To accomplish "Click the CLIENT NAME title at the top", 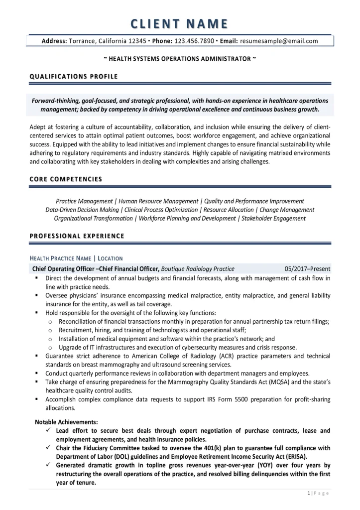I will click(x=180, y=23).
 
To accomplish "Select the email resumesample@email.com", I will click(x=279, y=41).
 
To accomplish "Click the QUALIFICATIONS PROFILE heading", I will click(x=74, y=76).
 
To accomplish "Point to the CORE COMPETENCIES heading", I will click(x=66, y=178).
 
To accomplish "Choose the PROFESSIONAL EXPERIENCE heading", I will click(x=77, y=235).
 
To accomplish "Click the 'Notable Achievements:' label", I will click(x=66, y=421).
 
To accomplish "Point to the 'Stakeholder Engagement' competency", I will click(x=273, y=218).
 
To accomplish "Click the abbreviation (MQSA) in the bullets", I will click(x=278, y=382).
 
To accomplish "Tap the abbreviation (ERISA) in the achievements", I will click(x=294, y=456).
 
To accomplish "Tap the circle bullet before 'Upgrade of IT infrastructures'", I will click(x=50, y=347).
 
